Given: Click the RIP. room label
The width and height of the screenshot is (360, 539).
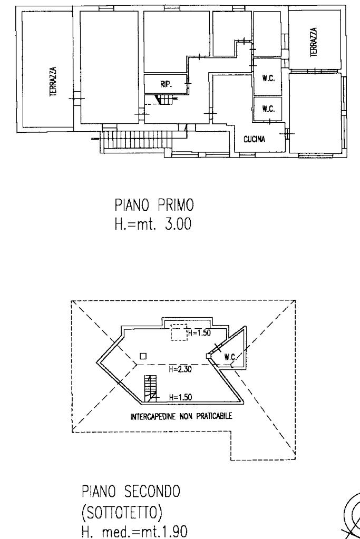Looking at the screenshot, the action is pyautogui.click(x=166, y=83).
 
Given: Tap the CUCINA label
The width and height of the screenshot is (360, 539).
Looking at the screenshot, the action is pyautogui.click(x=254, y=139).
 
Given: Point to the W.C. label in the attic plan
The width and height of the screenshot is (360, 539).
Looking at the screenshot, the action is pyautogui.click(x=229, y=357).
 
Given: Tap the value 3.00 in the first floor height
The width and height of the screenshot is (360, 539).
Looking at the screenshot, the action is pyautogui.click(x=174, y=226).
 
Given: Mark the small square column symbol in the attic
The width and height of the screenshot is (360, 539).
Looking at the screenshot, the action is pyautogui.click(x=142, y=356).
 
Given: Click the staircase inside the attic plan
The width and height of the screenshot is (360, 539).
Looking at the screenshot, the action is pyautogui.click(x=151, y=388).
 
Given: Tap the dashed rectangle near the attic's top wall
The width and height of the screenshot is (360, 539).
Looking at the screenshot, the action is pyautogui.click(x=179, y=333).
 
